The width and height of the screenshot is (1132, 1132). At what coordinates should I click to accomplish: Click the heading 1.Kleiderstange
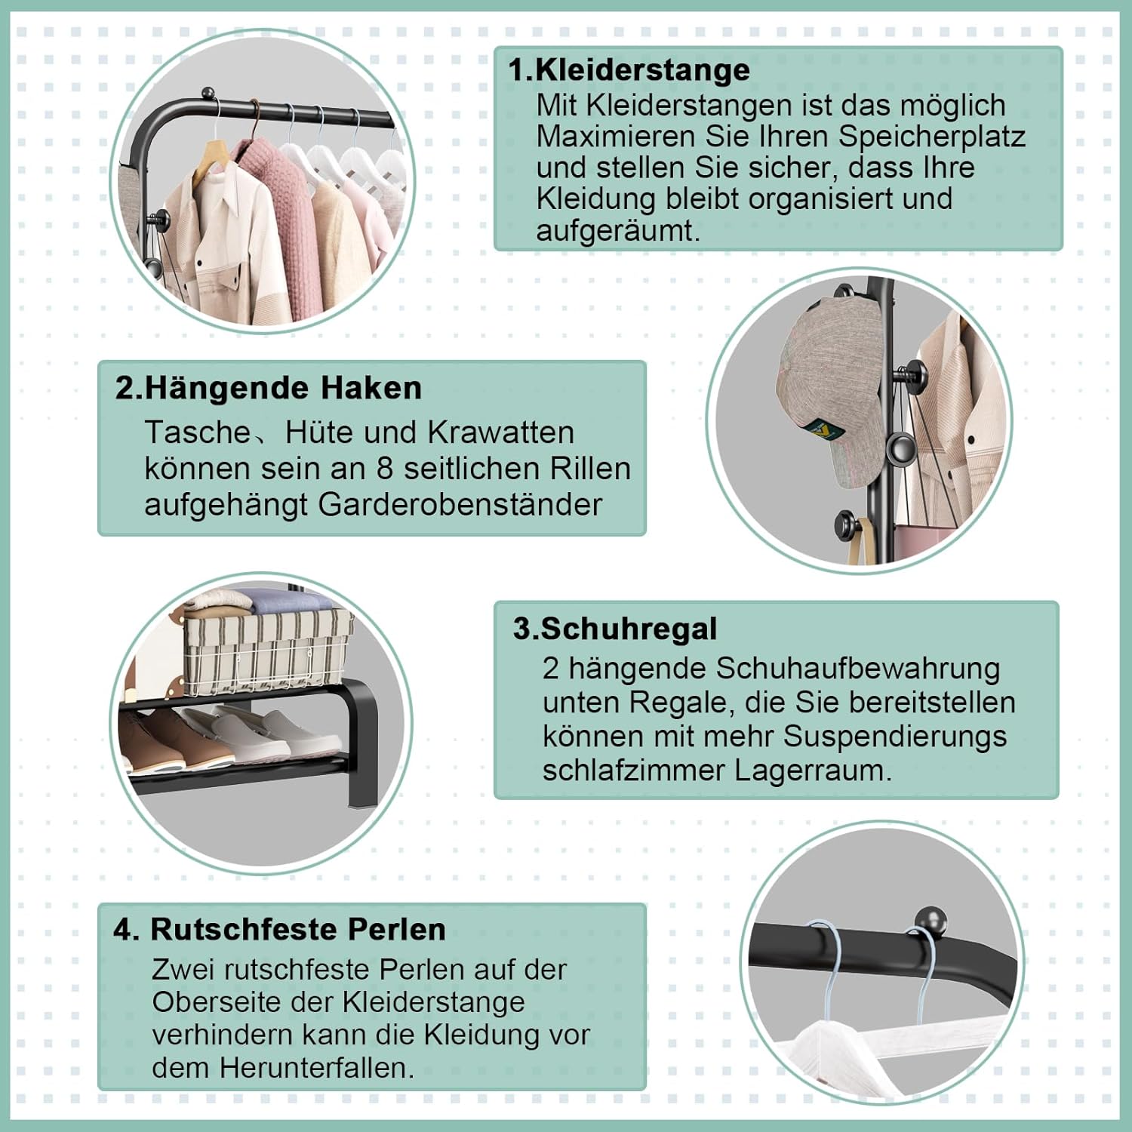pyautogui.click(x=629, y=69)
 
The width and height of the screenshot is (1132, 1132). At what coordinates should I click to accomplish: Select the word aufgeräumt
pyautogui.click(x=618, y=230)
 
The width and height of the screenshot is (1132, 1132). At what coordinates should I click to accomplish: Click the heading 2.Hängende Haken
pyautogui.click(x=268, y=388)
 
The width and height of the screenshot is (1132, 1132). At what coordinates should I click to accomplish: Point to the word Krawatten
pyautogui.click(x=500, y=432)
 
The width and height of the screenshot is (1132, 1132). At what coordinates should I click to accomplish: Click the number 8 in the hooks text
pyautogui.click(x=384, y=469)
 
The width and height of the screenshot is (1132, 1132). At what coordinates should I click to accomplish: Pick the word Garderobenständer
pyautogui.click(x=460, y=505)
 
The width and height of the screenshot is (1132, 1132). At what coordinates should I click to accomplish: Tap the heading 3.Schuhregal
pyautogui.click(x=615, y=629)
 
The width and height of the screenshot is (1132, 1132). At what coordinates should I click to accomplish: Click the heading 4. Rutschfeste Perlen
pyautogui.click(x=279, y=929)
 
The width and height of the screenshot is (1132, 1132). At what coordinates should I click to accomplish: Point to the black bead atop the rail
pyautogui.click(x=930, y=921)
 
